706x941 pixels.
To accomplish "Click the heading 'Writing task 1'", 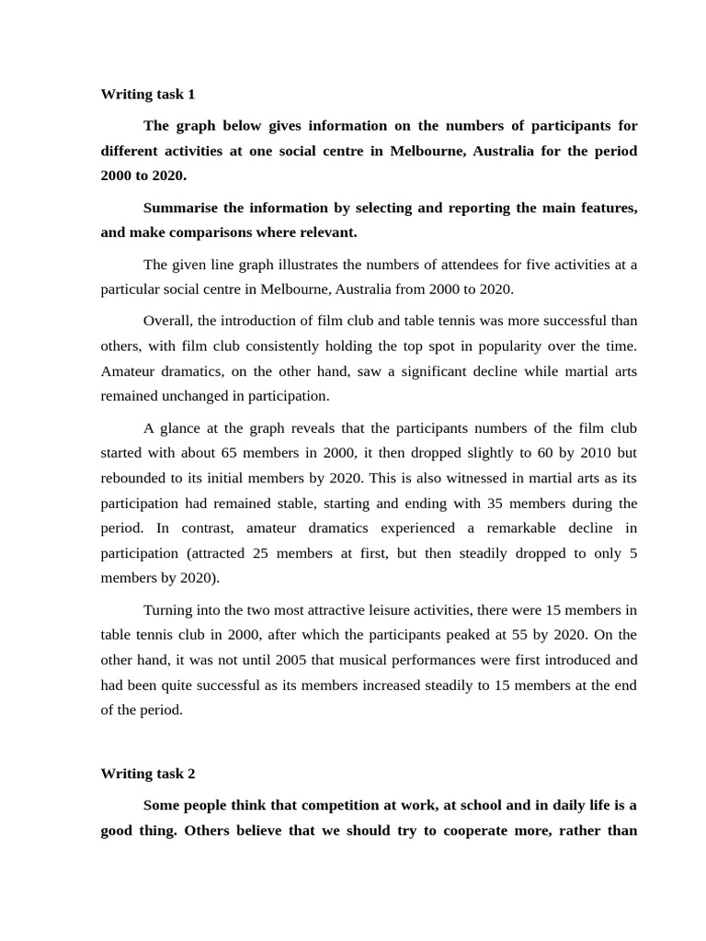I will click(148, 94).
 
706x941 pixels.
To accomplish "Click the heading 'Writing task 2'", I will click(148, 774).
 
